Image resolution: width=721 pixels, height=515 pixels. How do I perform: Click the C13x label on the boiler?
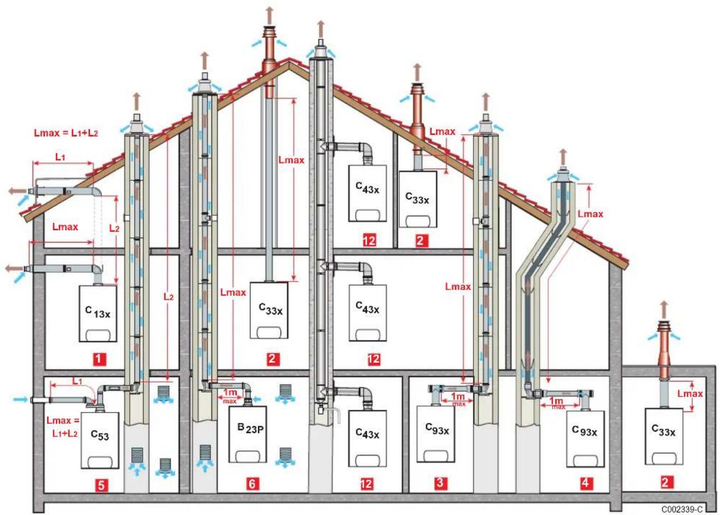98,312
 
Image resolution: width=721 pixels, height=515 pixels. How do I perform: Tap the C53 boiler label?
100,435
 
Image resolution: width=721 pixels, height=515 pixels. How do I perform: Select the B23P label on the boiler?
251,428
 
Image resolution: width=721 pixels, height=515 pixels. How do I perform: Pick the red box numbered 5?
101,485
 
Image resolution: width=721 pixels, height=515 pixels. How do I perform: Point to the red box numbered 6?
252,484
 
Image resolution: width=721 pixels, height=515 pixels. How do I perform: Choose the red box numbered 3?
440,483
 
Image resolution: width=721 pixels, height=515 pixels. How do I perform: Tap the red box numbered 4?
585,483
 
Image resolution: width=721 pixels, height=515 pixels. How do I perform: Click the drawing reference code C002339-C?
682,509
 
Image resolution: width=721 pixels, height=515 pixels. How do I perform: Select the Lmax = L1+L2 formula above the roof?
66,133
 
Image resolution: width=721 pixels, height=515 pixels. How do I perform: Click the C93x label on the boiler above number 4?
585,431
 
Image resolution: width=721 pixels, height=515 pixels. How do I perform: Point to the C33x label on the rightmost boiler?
663,430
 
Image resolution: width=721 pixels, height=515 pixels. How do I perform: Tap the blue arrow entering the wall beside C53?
21,399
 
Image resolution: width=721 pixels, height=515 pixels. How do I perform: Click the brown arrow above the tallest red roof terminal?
270,15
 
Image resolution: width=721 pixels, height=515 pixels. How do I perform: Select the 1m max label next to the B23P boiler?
231,396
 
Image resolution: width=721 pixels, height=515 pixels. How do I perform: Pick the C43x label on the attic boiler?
367,187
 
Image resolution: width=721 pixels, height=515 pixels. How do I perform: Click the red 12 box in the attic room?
369,240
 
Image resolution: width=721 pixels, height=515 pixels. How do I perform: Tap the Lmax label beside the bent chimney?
590,214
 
